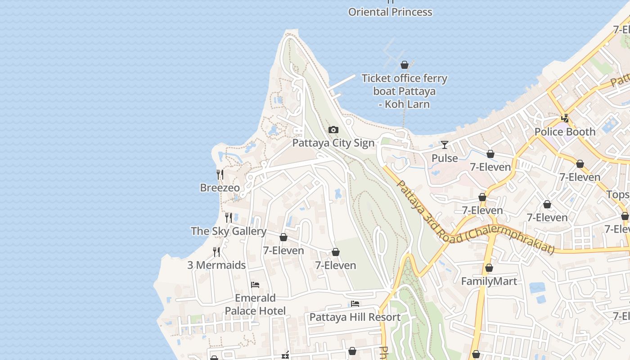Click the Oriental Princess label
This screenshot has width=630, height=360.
click(x=390, y=12)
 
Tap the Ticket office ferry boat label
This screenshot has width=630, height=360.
click(x=405, y=91)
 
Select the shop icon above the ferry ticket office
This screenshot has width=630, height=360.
click(x=405, y=65)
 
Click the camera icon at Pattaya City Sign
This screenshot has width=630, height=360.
click(x=333, y=130)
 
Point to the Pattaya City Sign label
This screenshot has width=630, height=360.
click(x=333, y=143)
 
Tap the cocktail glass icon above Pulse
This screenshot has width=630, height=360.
click(x=445, y=145)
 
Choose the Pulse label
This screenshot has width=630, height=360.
click(x=445, y=158)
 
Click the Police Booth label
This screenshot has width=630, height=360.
click(x=565, y=132)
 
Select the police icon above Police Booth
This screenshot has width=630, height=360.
click(x=565, y=119)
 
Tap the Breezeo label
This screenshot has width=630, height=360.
click(x=220, y=188)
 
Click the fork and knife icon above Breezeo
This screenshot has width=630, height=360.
click(x=220, y=175)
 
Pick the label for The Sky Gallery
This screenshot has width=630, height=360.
click(x=229, y=231)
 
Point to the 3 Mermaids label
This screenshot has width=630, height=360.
click(x=216, y=265)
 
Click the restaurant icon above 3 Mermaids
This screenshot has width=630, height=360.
click(x=216, y=252)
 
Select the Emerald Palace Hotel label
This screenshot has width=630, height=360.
click(x=255, y=305)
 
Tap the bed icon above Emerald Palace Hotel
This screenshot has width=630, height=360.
click(x=255, y=285)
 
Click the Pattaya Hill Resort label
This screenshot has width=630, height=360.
click(x=355, y=317)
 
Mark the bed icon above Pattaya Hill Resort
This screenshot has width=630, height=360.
click(x=355, y=304)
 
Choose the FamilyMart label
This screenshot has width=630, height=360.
click(x=489, y=281)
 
